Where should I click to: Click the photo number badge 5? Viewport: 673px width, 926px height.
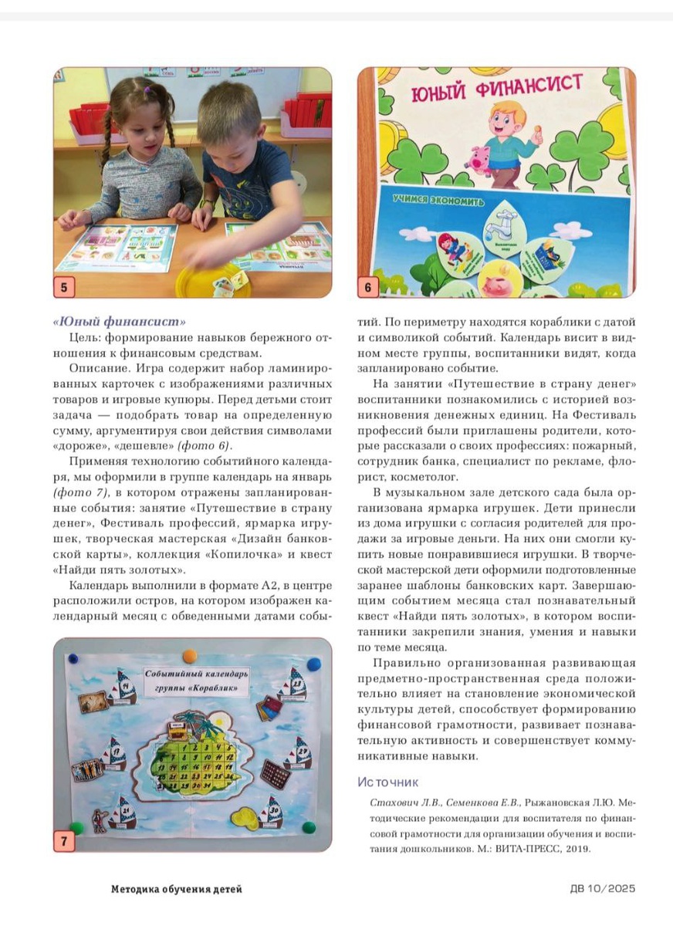[x=63, y=289]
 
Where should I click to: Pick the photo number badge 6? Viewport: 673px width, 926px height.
[x=367, y=289]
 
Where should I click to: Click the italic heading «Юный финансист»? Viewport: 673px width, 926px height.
[x=120, y=321]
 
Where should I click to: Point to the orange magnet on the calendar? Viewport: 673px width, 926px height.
[x=190, y=657]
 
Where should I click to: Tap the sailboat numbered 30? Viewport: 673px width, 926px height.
[x=275, y=810]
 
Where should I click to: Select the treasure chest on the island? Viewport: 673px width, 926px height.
[x=182, y=724]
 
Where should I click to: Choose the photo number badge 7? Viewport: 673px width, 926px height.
[x=63, y=840]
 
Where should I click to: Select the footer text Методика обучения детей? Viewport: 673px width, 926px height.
[x=177, y=889]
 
